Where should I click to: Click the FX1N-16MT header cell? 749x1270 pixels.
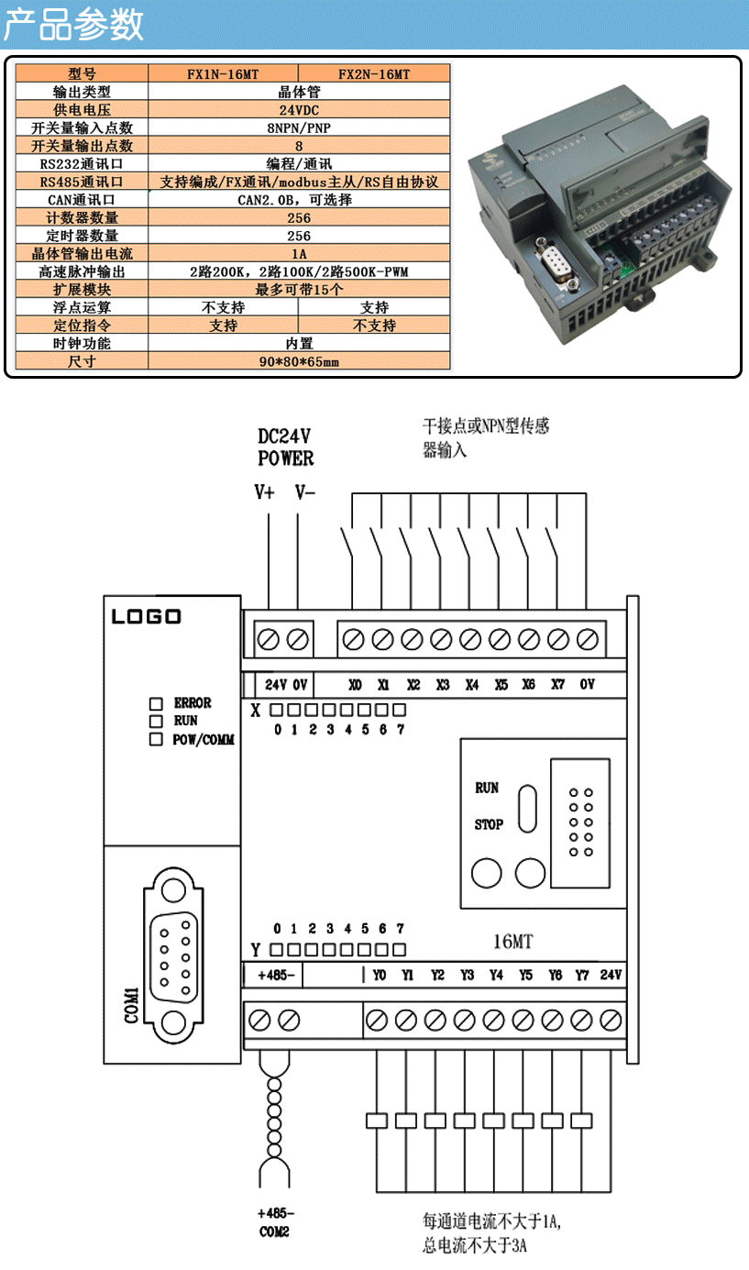click(x=223, y=73)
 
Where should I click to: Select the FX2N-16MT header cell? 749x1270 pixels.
click(x=374, y=73)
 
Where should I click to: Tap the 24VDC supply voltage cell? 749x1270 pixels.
click(x=299, y=109)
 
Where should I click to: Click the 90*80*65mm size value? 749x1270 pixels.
click(x=299, y=361)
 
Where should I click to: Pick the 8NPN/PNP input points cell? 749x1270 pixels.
click(x=299, y=127)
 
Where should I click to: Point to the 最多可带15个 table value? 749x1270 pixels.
click(x=299, y=289)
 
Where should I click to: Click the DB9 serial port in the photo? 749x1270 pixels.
click(x=556, y=264)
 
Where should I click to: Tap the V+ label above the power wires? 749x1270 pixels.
click(x=264, y=492)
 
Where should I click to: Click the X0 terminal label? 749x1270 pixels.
click(x=355, y=685)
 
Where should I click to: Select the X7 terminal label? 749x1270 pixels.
click(x=558, y=685)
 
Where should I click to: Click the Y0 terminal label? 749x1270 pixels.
click(x=380, y=975)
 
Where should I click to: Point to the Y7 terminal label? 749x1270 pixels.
click(x=582, y=975)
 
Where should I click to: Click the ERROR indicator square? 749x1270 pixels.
click(x=156, y=703)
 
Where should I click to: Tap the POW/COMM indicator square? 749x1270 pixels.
click(x=156, y=739)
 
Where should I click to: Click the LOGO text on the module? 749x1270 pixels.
click(x=147, y=616)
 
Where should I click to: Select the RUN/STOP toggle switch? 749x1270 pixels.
click(x=527, y=809)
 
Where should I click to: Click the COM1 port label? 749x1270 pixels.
click(x=131, y=1005)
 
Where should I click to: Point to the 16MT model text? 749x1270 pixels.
click(x=513, y=942)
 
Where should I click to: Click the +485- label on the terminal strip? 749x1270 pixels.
click(x=276, y=975)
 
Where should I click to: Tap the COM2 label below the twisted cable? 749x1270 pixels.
click(x=274, y=1231)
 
